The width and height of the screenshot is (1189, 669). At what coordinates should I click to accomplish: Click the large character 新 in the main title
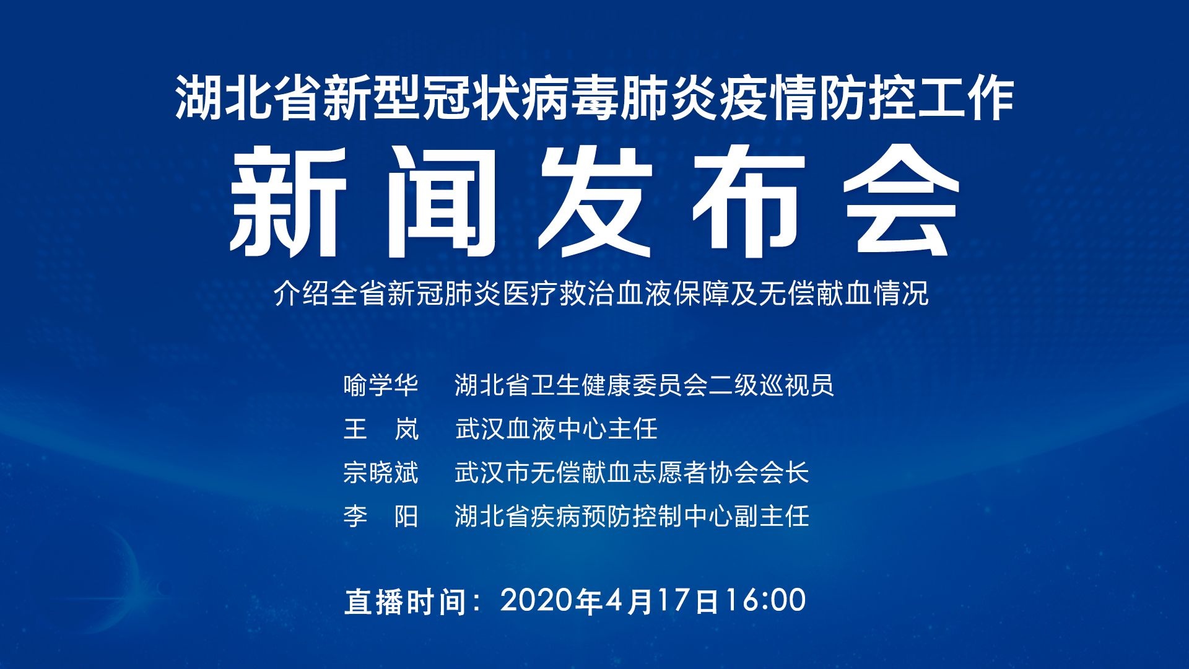tap(287, 202)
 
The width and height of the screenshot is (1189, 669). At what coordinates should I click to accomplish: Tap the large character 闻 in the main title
tap(442, 202)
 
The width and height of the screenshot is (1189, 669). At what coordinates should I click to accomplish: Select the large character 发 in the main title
tap(595, 202)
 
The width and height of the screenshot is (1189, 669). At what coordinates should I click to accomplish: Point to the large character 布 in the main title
tap(749, 202)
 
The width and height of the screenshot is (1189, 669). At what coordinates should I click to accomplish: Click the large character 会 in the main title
tap(902, 202)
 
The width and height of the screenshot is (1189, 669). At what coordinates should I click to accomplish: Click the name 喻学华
tap(381, 385)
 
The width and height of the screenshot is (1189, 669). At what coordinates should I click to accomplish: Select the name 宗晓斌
tap(381, 473)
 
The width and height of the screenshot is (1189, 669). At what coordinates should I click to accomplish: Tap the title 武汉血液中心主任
tap(556, 429)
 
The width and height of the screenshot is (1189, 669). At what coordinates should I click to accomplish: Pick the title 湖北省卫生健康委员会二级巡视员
tap(644, 385)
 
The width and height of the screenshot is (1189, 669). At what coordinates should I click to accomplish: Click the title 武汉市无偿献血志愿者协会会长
tap(632, 473)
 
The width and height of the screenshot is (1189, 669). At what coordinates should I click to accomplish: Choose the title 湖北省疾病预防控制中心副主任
tap(632, 516)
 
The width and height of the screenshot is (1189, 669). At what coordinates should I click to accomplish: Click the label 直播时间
tap(405, 601)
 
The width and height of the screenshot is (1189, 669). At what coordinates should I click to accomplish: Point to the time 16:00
tap(765, 600)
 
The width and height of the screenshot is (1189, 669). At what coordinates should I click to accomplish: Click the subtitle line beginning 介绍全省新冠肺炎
tap(601, 294)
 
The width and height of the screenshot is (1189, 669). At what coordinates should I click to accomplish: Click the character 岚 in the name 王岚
tap(407, 429)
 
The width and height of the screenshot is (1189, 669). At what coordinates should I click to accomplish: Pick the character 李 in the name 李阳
tap(355, 516)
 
